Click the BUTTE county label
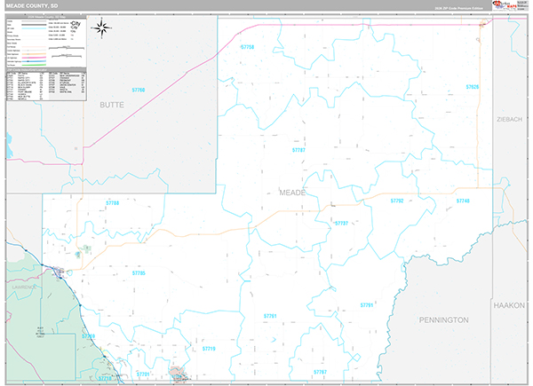pyautogui.click(x=112, y=105)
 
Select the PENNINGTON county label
pyautogui.click(x=443, y=319)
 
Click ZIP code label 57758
pyautogui.click(x=247, y=47)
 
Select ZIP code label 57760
pyautogui.click(x=138, y=90)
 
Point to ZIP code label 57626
pyautogui.click(x=472, y=87)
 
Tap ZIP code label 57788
pyautogui.click(x=113, y=203)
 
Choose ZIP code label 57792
pyautogui.click(x=397, y=201)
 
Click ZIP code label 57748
pyautogui.click(x=462, y=201)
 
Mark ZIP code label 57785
pyautogui.click(x=138, y=273)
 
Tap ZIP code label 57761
pyautogui.click(x=270, y=316)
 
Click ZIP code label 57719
pyautogui.click(x=209, y=349)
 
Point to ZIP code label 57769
pyautogui.click(x=88, y=336)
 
